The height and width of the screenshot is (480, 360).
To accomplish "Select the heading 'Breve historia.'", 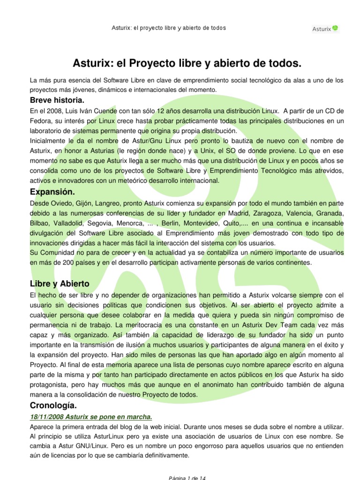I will coord(57,100).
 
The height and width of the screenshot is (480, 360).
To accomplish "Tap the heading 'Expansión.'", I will coord(52,192).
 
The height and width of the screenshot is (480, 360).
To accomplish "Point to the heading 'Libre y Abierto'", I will coord(60,284).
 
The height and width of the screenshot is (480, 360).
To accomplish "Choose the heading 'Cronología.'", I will coord(53,405).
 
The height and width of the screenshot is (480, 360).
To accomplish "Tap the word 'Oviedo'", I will coord(60,203).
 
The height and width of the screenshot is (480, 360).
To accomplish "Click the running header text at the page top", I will coord(169,28).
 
